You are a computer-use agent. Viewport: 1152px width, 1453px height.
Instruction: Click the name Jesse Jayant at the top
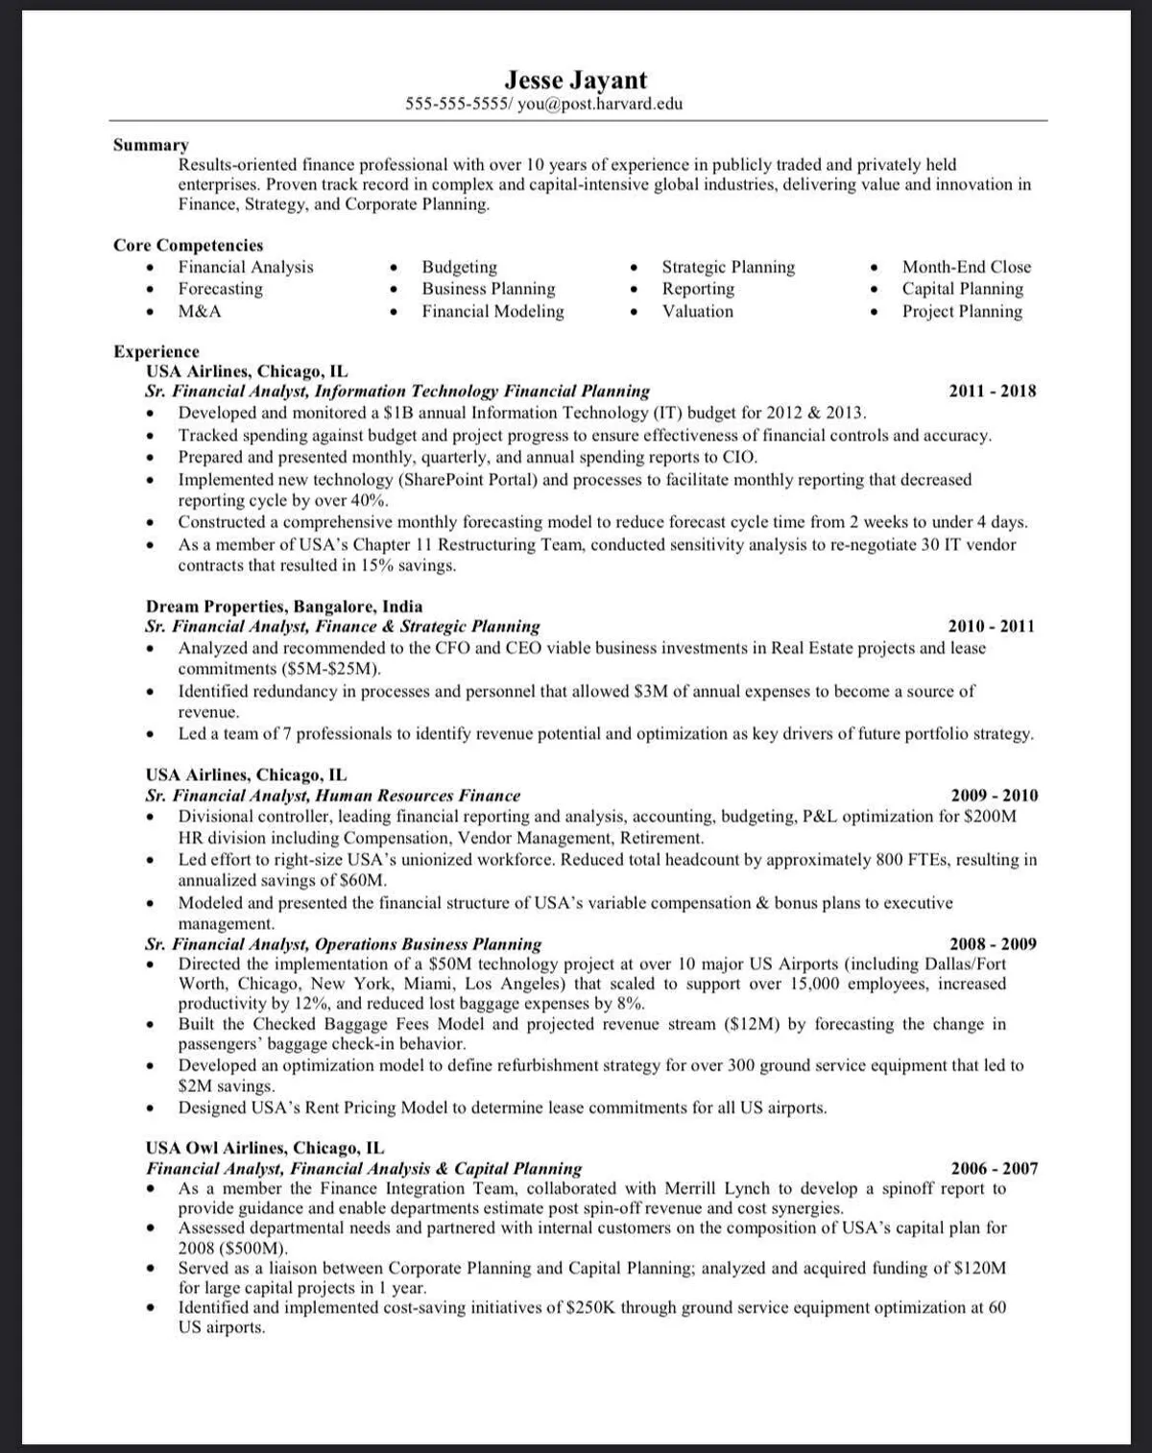[576, 80]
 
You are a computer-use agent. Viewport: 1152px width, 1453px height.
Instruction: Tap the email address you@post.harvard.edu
[600, 104]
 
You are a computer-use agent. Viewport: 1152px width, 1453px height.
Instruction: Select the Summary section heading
[151, 145]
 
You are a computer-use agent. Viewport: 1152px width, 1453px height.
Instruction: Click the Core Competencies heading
[188, 245]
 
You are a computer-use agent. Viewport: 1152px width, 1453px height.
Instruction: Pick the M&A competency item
[200, 311]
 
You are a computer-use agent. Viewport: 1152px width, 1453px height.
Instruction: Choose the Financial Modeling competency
[492, 311]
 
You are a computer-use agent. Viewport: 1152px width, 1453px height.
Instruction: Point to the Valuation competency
[697, 311]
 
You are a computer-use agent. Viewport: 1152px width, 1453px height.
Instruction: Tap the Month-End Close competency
[966, 267]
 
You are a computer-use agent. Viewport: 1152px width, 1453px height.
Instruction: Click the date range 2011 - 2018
[993, 391]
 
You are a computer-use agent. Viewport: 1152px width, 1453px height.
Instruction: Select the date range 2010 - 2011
[992, 626]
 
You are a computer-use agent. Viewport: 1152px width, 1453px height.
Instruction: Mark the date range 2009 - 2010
[994, 795]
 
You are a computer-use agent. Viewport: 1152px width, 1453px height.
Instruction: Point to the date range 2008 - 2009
[993, 943]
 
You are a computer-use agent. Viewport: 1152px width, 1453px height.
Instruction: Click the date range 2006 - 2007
[994, 1168]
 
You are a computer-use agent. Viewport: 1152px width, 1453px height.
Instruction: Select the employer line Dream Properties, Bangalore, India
[284, 606]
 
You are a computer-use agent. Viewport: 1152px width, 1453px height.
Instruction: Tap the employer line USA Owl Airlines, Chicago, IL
[265, 1147]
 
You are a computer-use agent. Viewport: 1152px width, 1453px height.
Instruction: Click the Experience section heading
[156, 351]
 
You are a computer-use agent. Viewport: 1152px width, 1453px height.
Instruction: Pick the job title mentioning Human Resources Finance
[332, 795]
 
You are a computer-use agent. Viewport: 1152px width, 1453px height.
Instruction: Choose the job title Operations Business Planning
[343, 943]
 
